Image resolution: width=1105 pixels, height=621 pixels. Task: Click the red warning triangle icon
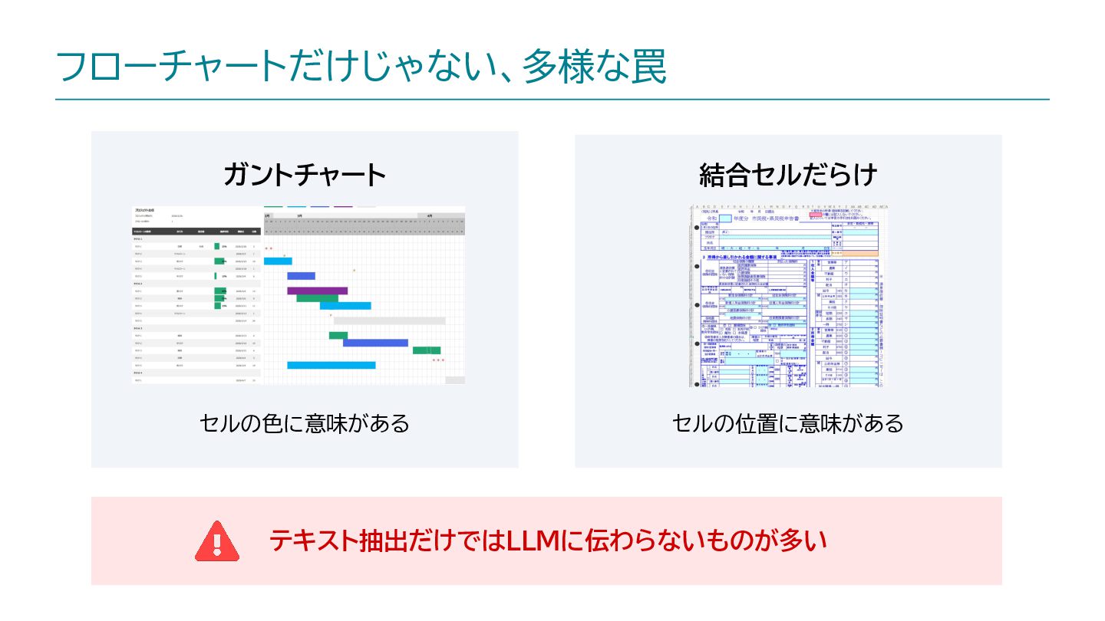click(217, 540)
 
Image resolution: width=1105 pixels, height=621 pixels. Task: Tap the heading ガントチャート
click(305, 175)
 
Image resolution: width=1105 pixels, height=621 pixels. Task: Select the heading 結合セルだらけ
click(788, 175)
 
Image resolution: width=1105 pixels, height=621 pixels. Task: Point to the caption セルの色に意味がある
click(305, 422)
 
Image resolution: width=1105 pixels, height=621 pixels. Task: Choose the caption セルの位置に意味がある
click(788, 422)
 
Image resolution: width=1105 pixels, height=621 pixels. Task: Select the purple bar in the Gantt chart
click(317, 291)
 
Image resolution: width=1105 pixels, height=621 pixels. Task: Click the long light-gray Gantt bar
click(389, 320)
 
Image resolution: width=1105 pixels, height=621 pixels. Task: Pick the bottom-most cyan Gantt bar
click(331, 365)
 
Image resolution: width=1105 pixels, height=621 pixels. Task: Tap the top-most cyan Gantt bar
click(278, 261)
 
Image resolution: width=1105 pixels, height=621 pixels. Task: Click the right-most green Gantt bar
click(426, 350)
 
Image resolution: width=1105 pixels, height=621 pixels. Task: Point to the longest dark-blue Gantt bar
click(374, 343)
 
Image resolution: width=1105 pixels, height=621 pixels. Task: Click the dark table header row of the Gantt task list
click(196, 230)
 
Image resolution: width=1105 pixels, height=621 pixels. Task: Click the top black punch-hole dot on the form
click(697, 228)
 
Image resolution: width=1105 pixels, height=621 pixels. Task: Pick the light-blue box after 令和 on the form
click(725, 219)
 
